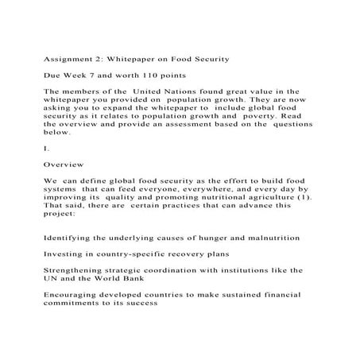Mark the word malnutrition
pyautogui.click(x=265, y=238)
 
